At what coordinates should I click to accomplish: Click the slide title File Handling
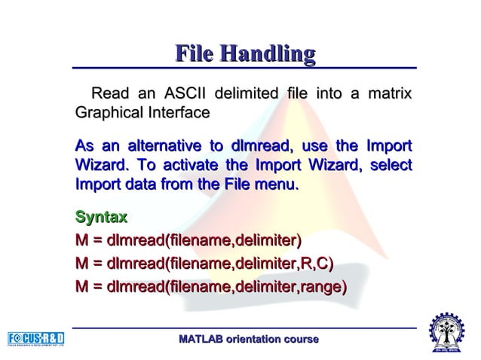click(x=244, y=53)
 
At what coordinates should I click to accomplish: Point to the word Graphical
click(x=108, y=113)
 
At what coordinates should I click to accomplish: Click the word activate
click(x=195, y=164)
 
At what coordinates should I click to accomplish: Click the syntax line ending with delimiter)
click(x=188, y=241)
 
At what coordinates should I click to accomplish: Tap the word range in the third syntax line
click(x=323, y=286)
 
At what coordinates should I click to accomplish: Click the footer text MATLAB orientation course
click(x=248, y=340)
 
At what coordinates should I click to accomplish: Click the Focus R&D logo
click(x=35, y=339)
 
